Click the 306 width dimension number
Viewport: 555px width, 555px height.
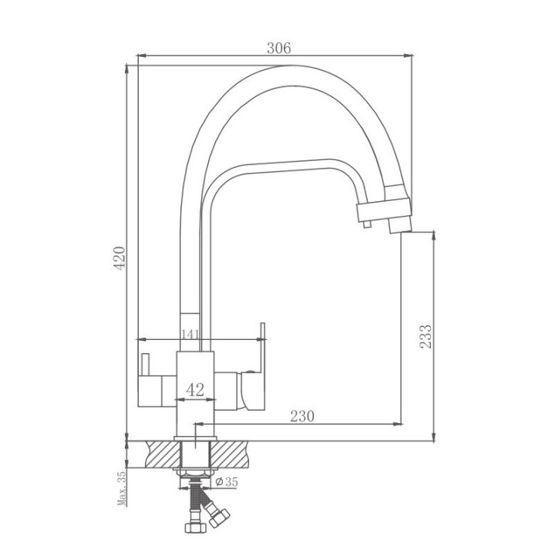279,48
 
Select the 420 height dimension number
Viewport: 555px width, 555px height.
119,258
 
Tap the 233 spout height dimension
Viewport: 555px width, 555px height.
425,336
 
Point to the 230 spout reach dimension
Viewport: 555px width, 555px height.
302,416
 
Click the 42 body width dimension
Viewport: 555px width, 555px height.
195,390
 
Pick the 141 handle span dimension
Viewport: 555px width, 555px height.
190,334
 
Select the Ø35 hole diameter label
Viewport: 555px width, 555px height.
227,482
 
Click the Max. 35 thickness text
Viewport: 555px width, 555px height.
122,489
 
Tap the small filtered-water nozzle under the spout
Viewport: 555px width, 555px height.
367,224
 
